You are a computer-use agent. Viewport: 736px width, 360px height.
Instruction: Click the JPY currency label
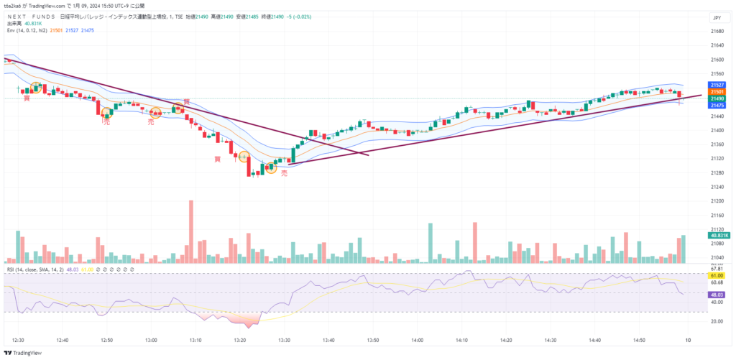click(x=715, y=17)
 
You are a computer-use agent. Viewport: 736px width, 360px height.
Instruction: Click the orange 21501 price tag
click(x=716, y=92)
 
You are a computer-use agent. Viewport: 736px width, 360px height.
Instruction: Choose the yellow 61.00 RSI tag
click(x=716, y=275)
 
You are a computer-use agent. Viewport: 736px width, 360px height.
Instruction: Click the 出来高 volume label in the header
click(x=15, y=24)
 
